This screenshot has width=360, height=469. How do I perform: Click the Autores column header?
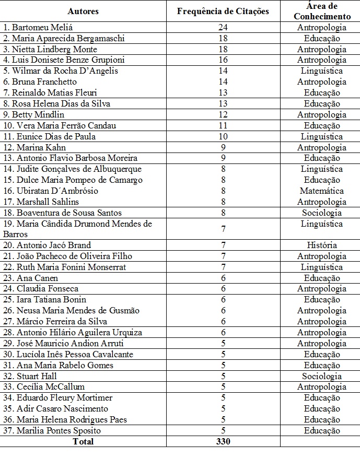coord(83,11)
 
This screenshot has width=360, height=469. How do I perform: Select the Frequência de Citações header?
coord(223,11)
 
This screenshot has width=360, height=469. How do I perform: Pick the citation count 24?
coord(223,27)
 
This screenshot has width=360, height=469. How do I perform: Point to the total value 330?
coord(223,441)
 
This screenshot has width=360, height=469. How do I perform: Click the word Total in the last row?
coord(83,441)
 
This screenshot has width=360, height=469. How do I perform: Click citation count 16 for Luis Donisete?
coord(223,60)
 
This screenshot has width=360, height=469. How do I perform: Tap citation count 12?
coord(223,114)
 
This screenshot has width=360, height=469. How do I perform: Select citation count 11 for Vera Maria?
coord(223,125)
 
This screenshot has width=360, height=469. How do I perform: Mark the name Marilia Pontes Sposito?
coord(52,431)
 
